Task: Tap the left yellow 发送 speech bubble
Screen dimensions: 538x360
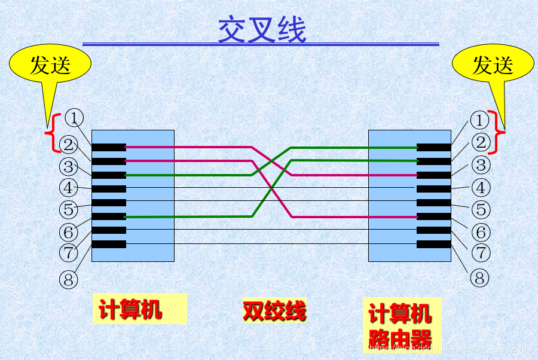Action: pyautogui.click(x=50, y=65)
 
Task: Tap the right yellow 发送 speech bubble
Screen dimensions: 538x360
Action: pyautogui.click(x=493, y=65)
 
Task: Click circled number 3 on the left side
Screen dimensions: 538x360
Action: pyautogui.click(x=69, y=166)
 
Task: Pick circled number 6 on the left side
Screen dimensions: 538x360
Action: pyautogui.click(x=69, y=231)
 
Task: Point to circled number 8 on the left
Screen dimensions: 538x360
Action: pyautogui.click(x=69, y=278)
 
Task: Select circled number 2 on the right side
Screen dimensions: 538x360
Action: pyautogui.click(x=479, y=142)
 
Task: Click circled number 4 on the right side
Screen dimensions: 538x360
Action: pyautogui.click(x=481, y=188)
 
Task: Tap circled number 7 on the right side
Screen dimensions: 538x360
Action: pyautogui.click(x=481, y=253)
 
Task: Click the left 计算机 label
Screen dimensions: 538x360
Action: pyautogui.click(x=130, y=310)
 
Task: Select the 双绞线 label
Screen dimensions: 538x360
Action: pyautogui.click(x=274, y=310)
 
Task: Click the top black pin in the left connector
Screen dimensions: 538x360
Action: pyautogui.click(x=109, y=147)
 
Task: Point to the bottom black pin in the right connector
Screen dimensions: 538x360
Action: pyautogui.click(x=433, y=244)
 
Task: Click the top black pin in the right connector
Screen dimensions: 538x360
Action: pyautogui.click(x=433, y=147)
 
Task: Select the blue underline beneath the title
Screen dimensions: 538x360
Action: pyautogui.click(x=261, y=44)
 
